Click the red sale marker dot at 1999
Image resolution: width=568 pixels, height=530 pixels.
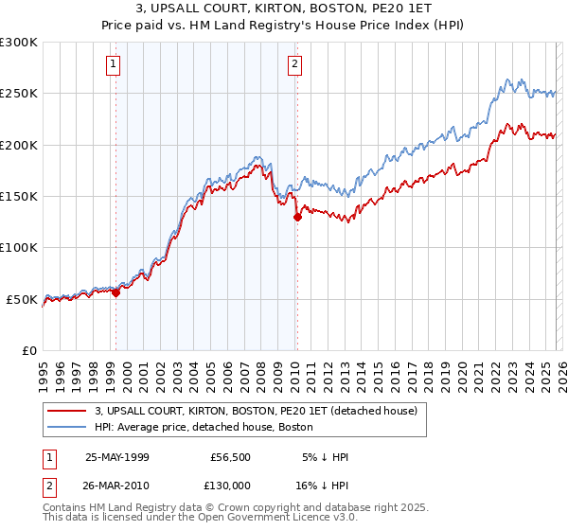pyautogui.click(x=116, y=292)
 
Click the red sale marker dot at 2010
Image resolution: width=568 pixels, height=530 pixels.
pyautogui.click(x=297, y=217)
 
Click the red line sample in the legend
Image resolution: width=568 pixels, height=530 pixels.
pyautogui.click(x=67, y=411)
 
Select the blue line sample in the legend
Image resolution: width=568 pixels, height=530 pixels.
pyautogui.click(x=67, y=427)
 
